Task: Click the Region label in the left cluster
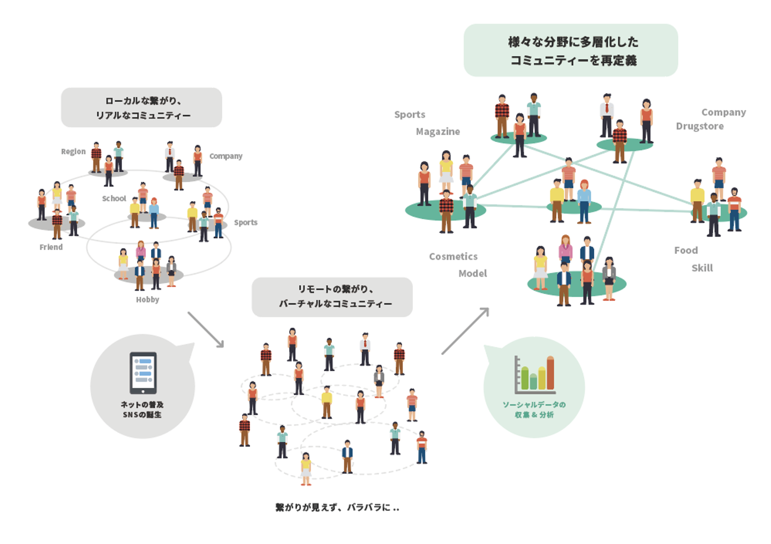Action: (73, 152)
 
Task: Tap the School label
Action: (114, 199)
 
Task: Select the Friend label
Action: (51, 247)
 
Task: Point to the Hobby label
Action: (147, 299)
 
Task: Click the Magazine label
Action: (437, 132)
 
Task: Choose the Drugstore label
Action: (699, 126)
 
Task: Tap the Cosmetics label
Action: (453, 256)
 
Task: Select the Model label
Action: (472, 274)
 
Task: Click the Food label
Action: (686, 251)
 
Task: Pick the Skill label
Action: (702, 268)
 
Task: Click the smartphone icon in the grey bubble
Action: (143, 373)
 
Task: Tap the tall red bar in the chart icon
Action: (550, 373)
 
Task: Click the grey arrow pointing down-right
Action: (206, 330)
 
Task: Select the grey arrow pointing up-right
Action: (465, 331)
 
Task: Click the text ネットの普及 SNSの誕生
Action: (142, 410)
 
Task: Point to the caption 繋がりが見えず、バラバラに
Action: (337, 507)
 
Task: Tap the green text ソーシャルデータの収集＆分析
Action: (534, 410)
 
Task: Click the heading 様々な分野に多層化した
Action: (573, 42)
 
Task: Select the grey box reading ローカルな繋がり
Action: (141, 108)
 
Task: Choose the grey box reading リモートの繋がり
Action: (332, 297)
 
